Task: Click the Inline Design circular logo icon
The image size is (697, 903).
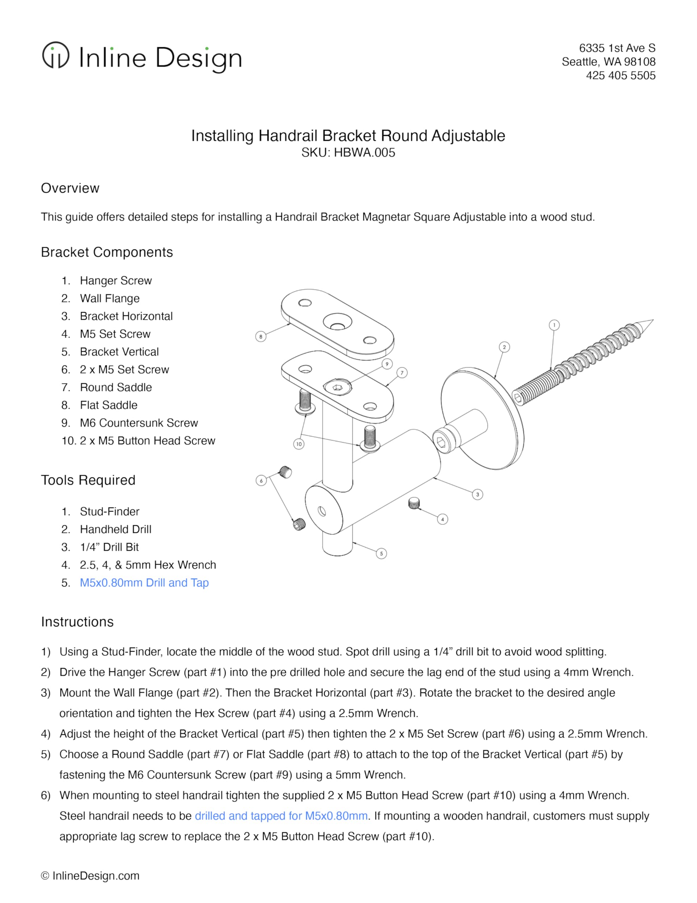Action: click(x=55, y=55)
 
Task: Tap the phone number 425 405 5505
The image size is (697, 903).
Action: click(x=620, y=76)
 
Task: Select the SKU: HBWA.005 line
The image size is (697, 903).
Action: click(x=348, y=153)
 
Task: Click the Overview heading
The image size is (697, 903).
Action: click(x=70, y=188)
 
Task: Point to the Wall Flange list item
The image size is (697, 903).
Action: click(x=110, y=298)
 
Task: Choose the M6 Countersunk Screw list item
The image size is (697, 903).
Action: click(x=139, y=423)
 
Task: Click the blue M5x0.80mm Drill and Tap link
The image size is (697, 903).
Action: click(x=144, y=583)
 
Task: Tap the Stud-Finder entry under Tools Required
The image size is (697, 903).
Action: click(x=110, y=511)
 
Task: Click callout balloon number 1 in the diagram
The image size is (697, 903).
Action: click(x=554, y=325)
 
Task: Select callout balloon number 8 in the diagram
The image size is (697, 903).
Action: click(x=261, y=336)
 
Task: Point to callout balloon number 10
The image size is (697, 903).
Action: click(x=299, y=444)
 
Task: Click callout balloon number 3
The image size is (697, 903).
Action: click(x=477, y=494)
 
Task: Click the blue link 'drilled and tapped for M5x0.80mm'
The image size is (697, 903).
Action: click(x=281, y=816)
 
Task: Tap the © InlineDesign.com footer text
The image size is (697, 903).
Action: click(x=90, y=876)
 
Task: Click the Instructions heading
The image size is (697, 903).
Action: click(x=77, y=622)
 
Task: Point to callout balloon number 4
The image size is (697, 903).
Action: click(x=442, y=519)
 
